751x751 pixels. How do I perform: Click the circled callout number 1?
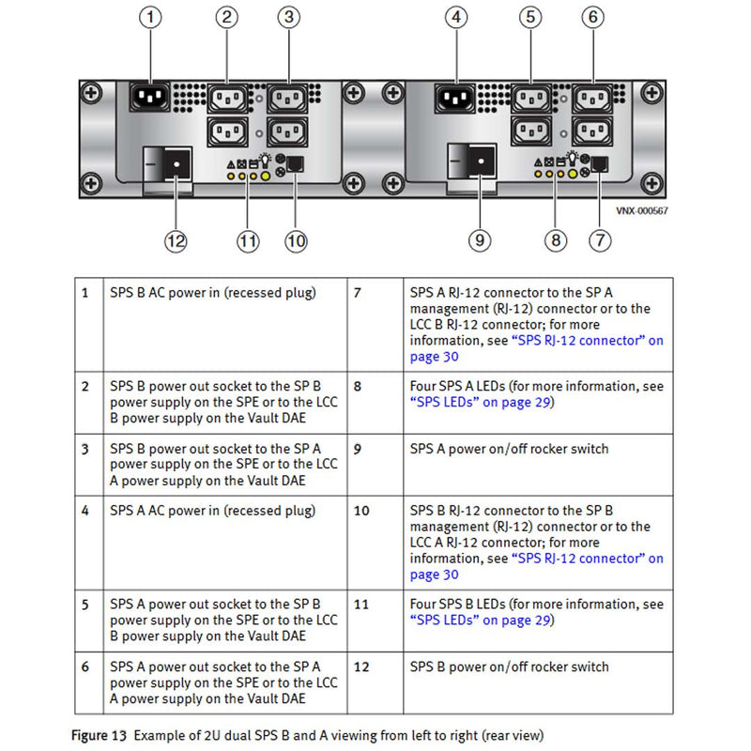click(153, 18)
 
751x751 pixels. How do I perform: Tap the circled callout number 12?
click(176, 241)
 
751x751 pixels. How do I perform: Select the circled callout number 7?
click(600, 240)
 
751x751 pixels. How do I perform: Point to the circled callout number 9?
click(480, 241)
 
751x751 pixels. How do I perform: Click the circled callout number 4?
click(457, 18)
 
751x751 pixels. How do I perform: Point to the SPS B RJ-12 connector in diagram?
click(294, 165)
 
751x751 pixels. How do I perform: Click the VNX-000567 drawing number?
click(643, 212)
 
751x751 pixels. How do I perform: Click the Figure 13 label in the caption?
click(99, 735)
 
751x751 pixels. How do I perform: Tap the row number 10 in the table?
click(361, 511)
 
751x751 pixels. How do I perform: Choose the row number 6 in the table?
click(85, 667)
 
